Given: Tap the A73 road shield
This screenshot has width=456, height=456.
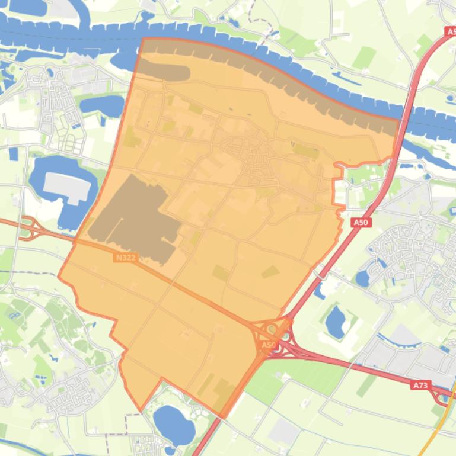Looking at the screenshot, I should pyautogui.click(x=420, y=385).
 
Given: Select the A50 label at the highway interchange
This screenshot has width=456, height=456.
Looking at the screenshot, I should pyautogui.click(x=269, y=345).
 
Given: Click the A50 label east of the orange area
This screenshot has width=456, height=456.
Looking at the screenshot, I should pyautogui.click(x=361, y=223).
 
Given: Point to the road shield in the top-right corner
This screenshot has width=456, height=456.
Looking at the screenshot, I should pyautogui.click(x=450, y=31).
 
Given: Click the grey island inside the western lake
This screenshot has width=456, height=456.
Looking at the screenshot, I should pyautogui.click(x=66, y=187).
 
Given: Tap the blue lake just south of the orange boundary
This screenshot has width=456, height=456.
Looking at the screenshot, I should pyautogui.click(x=174, y=422).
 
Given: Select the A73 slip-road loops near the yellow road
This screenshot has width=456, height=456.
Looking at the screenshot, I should pyautogui.click(x=442, y=397).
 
